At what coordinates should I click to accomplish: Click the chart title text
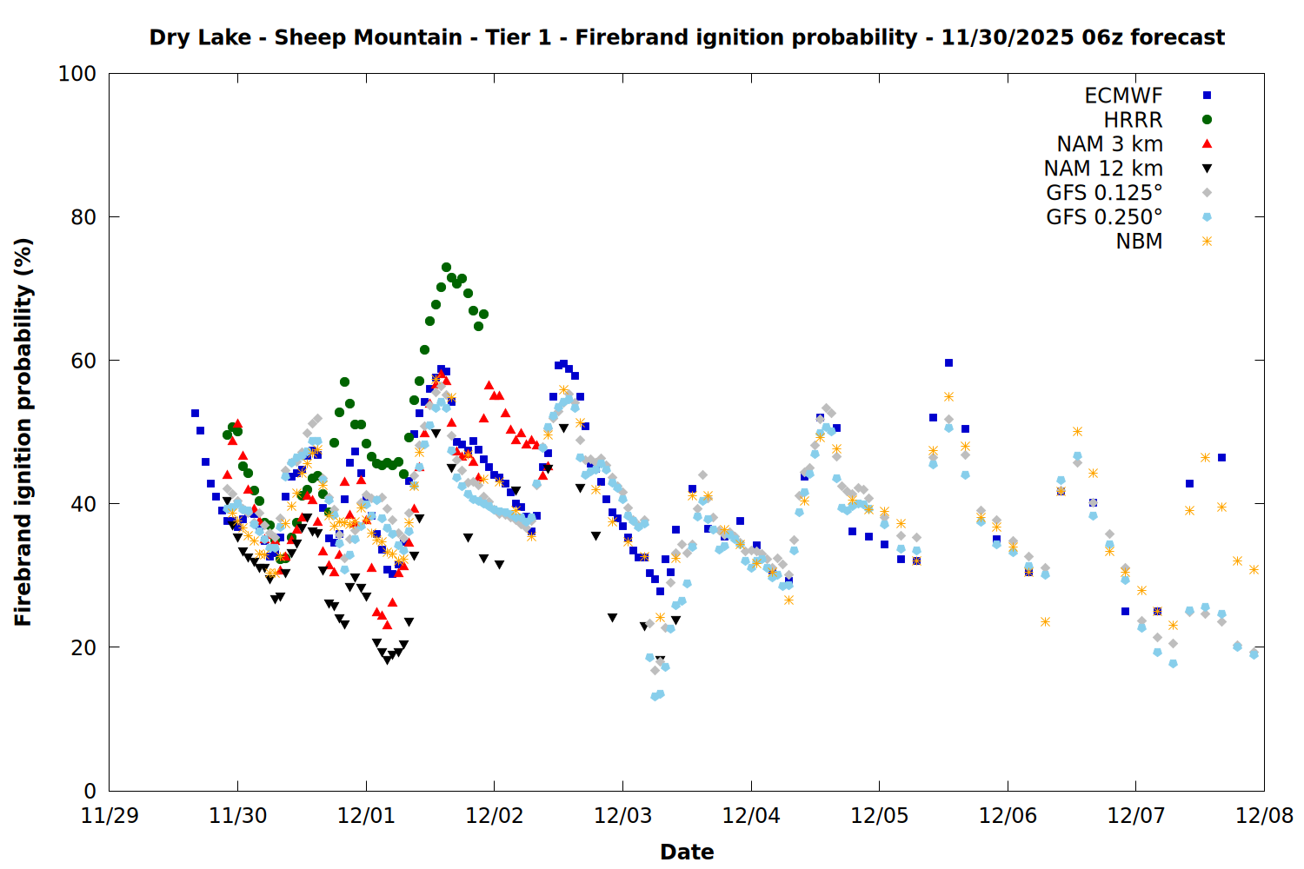(687, 37)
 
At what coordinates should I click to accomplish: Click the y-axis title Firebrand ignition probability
(23, 432)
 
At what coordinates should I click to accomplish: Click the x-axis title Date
(687, 852)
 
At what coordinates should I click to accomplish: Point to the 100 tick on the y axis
(77, 74)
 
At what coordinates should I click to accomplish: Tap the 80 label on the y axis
(83, 217)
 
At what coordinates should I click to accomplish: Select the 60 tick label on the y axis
(83, 361)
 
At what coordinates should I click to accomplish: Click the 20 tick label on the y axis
(83, 647)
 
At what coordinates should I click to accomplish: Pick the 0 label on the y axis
(90, 791)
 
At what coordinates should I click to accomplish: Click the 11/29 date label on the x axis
(110, 816)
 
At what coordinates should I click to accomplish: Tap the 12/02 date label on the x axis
(495, 816)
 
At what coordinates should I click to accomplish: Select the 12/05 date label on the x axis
(879, 816)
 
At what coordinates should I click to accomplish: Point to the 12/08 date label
(1264, 816)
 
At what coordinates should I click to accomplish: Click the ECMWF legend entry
(1123, 96)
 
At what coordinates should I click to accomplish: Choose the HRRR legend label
(1133, 120)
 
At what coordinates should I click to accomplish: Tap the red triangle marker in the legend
(1207, 144)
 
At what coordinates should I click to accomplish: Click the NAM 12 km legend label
(1103, 169)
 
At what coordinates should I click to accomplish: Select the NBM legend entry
(1139, 242)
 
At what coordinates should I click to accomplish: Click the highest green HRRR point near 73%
(446, 268)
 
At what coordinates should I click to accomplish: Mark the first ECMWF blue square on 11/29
(195, 414)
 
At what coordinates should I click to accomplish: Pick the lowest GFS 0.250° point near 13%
(655, 697)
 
